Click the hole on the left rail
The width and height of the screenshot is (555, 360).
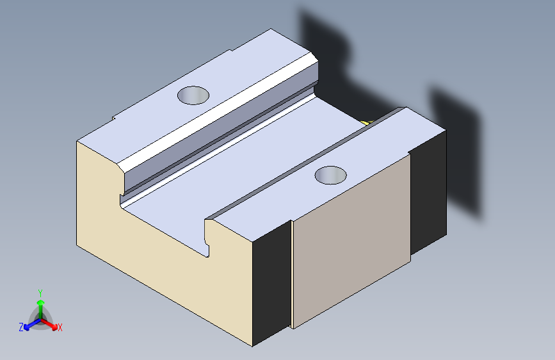193,95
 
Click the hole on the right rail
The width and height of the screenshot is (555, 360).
330,175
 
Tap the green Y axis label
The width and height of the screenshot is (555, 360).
40,293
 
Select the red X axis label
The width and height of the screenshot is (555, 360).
60,328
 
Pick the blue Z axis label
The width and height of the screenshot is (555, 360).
21,327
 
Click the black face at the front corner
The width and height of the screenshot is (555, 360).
271,284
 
